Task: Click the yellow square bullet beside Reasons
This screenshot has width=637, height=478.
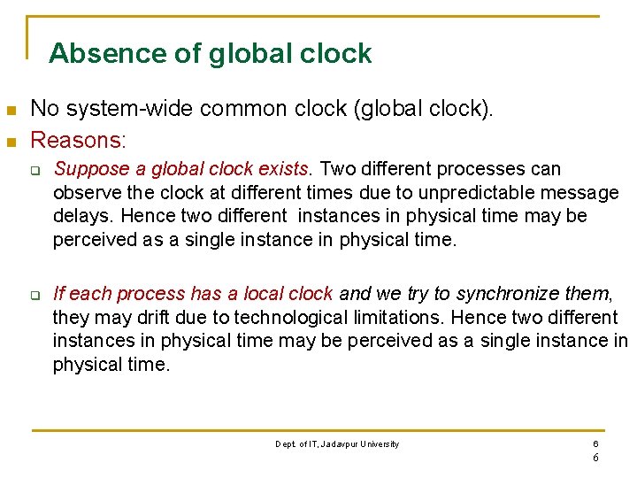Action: (x=12, y=141)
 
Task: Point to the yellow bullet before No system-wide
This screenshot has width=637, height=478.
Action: (x=12, y=111)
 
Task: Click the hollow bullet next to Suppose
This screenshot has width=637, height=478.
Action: (x=37, y=170)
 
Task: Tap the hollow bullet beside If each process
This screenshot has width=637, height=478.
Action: (x=37, y=295)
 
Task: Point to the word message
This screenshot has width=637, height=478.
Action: (x=583, y=192)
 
